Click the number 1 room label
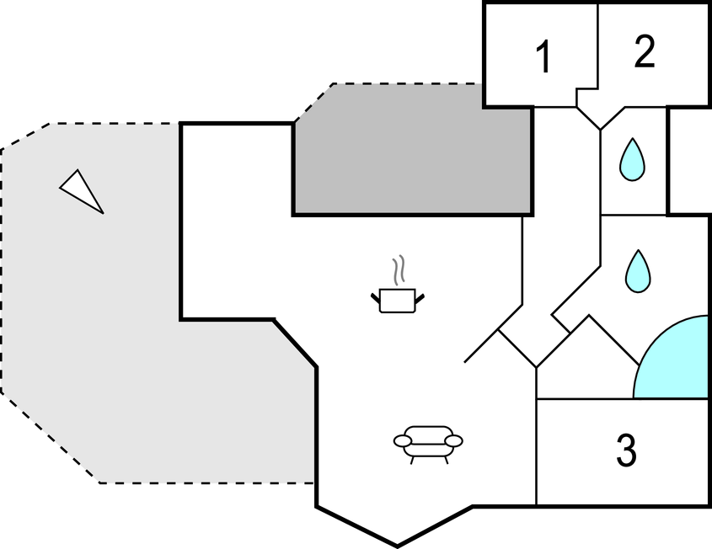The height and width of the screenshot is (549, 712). pos(543,57)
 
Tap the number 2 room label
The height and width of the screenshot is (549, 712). pos(644,52)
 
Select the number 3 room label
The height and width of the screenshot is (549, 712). pos(625,451)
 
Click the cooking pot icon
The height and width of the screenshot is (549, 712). pos(398,299)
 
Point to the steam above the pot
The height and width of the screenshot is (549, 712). pos(400,270)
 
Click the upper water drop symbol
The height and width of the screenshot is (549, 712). pos(632,158)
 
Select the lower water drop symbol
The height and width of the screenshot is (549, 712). pos(639,270)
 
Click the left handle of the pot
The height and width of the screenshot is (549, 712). pos(375,296)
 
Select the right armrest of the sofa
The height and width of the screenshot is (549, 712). pos(454,440)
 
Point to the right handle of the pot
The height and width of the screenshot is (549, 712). pos(420,296)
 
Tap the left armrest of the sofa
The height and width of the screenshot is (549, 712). pos(402,440)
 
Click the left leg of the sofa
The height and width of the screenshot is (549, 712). pos(411,459)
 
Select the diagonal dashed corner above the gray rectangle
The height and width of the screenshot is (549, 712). pos(313,103)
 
